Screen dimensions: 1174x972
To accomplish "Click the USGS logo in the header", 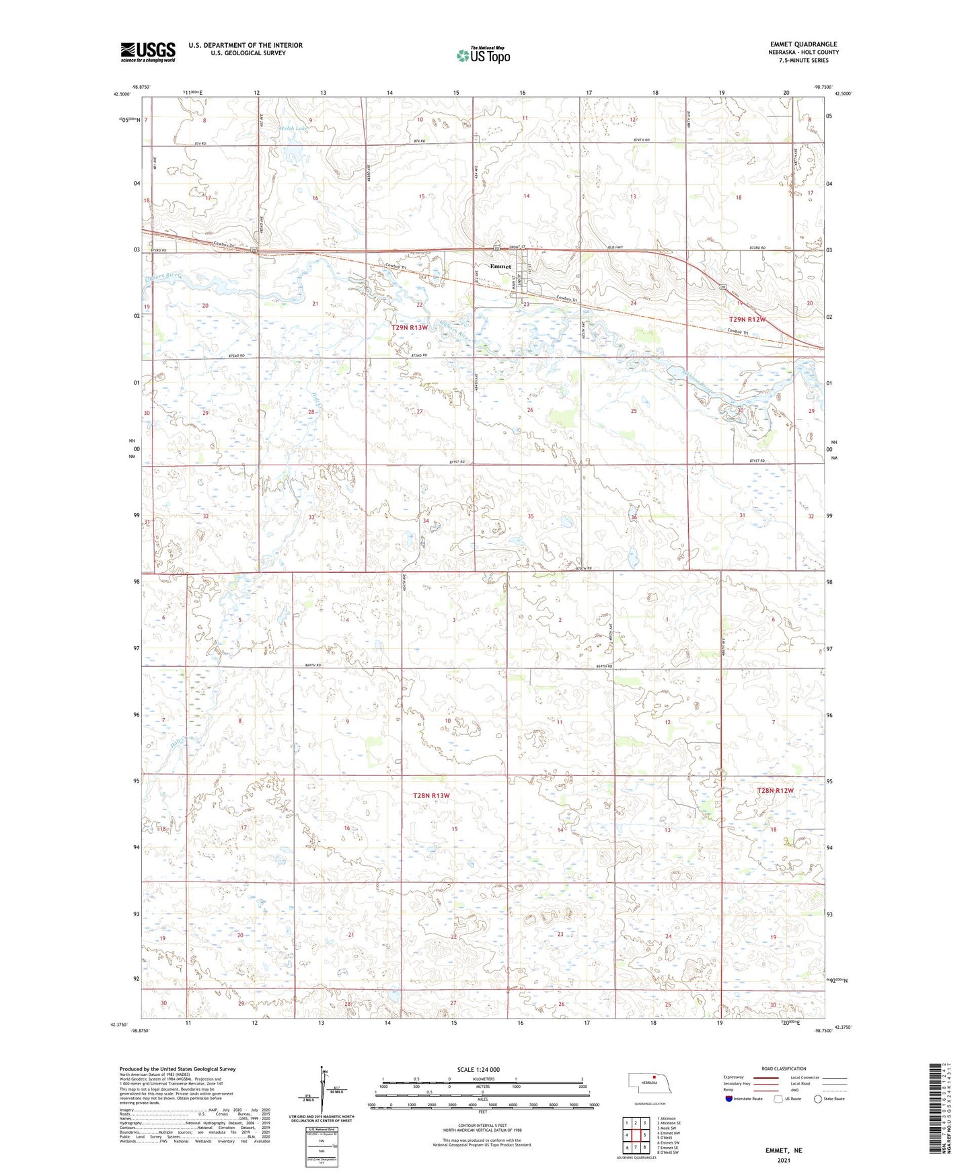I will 147,52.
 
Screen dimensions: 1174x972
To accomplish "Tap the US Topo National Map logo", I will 483,54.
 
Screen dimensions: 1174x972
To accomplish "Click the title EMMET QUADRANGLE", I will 803,44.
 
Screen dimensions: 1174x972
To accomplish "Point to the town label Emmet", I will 500,266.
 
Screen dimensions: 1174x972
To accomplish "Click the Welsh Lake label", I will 294,128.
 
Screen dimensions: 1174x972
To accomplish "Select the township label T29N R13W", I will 410,327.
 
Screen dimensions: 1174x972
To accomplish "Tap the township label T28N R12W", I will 775,791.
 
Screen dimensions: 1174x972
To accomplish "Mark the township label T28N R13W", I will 431,795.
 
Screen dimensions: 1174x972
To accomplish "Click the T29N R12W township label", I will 747,319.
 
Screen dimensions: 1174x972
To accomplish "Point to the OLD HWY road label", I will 615,247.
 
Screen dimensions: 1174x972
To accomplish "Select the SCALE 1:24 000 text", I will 478,1069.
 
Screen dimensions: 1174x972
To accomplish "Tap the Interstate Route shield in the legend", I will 729,1099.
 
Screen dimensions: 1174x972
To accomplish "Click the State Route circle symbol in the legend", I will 817,1099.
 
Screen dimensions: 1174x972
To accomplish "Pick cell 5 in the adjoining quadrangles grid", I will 644,1135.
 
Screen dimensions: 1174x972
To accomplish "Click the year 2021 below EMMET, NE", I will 784,1160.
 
